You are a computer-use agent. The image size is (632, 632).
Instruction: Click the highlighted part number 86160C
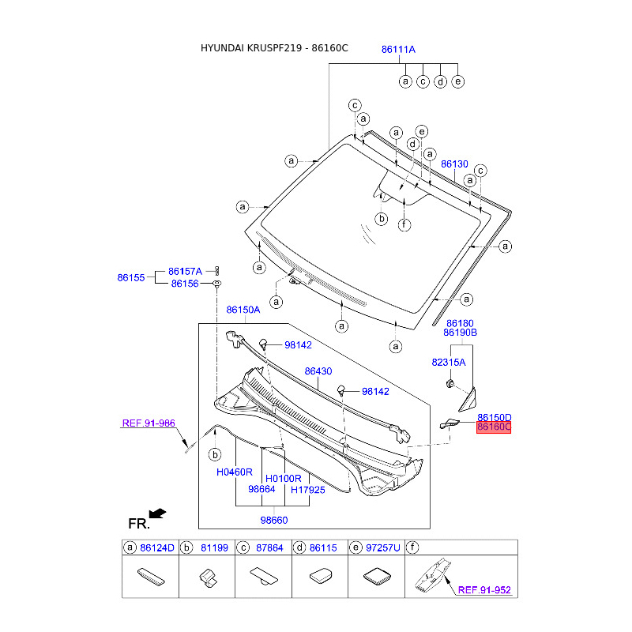(x=493, y=427)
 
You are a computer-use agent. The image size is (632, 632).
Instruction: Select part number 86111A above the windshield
(x=398, y=50)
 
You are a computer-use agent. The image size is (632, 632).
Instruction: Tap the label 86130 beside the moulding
(x=454, y=164)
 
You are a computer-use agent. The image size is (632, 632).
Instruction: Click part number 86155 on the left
(x=131, y=278)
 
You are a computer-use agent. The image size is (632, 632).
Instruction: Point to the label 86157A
(x=185, y=271)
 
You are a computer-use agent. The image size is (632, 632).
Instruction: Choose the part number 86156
(x=185, y=284)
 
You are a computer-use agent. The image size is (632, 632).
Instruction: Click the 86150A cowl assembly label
(x=243, y=310)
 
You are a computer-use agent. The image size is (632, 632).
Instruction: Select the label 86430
(x=318, y=371)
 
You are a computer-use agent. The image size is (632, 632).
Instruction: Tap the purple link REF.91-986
(x=149, y=423)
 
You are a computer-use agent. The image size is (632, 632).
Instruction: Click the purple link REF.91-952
(x=484, y=590)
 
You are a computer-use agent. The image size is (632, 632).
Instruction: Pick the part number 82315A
(x=449, y=363)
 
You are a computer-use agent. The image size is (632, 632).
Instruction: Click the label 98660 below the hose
(x=274, y=521)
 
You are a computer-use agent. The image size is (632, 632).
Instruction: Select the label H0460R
(x=234, y=472)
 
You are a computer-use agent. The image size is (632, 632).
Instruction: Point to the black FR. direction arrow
(x=157, y=513)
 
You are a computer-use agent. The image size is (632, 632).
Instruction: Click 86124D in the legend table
(x=157, y=547)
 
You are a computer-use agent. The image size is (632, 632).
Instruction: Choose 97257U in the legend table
(x=383, y=547)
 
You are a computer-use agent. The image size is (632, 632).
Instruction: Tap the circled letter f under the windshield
(x=404, y=224)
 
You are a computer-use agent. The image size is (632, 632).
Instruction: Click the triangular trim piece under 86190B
(x=468, y=400)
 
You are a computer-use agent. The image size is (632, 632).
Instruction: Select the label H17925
(x=308, y=490)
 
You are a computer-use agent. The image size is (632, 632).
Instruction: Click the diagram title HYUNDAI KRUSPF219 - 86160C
(x=274, y=48)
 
